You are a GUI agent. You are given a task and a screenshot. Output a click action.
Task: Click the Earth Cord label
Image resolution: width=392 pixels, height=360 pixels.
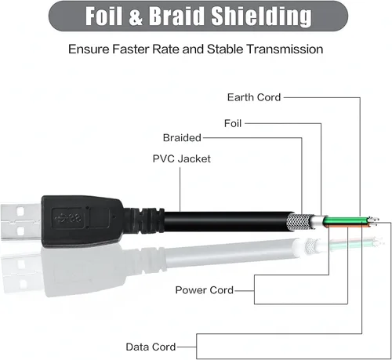click(x=254, y=97)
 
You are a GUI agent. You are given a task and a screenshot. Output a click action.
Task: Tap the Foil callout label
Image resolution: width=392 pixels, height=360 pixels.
click(x=233, y=123)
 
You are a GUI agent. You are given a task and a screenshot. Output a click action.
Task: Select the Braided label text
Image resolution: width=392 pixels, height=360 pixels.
click(x=182, y=137)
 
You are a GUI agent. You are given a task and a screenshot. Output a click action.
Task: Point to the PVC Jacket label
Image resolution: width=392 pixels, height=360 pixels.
click(x=181, y=158)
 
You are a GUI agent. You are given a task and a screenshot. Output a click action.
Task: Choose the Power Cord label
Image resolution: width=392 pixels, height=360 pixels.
click(x=204, y=290)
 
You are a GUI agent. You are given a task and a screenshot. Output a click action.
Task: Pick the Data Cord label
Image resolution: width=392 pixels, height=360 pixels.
click(x=151, y=347)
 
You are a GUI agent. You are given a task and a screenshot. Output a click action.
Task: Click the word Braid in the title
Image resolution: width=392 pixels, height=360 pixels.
click(x=176, y=16)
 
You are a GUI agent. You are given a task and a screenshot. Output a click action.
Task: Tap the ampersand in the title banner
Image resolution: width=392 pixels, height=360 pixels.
click(x=136, y=16)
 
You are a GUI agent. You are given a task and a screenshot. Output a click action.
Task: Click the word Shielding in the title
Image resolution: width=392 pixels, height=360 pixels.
click(x=261, y=16)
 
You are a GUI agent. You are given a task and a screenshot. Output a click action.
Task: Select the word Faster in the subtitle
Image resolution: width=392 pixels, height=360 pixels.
click(x=132, y=49)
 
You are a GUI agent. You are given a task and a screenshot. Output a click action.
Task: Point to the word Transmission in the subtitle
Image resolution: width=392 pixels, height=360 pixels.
click(x=285, y=49)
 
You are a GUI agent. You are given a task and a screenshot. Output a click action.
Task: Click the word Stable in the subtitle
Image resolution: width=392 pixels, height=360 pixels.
click(x=225, y=49)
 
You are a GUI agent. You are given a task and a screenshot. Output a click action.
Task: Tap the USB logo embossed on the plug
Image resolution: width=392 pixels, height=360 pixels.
click(x=68, y=218)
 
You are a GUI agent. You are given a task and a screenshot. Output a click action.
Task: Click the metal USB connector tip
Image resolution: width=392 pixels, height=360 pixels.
click(x=20, y=222)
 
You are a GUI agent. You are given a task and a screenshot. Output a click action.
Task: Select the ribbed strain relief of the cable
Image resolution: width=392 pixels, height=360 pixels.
click(x=144, y=221)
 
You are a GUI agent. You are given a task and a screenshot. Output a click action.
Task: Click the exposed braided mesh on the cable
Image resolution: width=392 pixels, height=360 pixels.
click(x=299, y=222)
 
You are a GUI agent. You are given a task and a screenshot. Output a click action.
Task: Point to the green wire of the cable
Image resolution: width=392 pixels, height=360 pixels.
click(x=346, y=220)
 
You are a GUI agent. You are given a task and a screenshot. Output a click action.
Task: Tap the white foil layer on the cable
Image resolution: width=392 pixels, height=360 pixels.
click(x=318, y=222)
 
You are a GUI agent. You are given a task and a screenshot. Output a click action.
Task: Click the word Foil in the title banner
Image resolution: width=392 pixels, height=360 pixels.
click(x=103, y=16)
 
